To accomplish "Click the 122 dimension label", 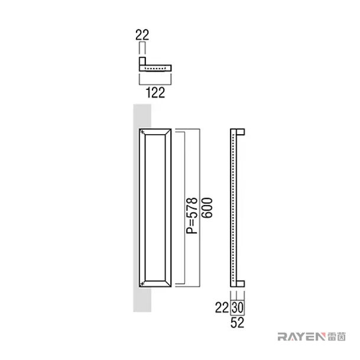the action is [155, 93].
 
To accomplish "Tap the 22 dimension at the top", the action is [142, 35].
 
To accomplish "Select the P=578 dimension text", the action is [192, 215].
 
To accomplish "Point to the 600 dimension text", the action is [207, 207].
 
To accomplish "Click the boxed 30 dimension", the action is [237, 307].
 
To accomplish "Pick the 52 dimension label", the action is [237, 323].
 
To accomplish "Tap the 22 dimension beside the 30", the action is [222, 307].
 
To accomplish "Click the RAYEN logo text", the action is [301, 336].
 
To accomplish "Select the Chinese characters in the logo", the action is [336, 336].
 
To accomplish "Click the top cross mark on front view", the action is [142, 132].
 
